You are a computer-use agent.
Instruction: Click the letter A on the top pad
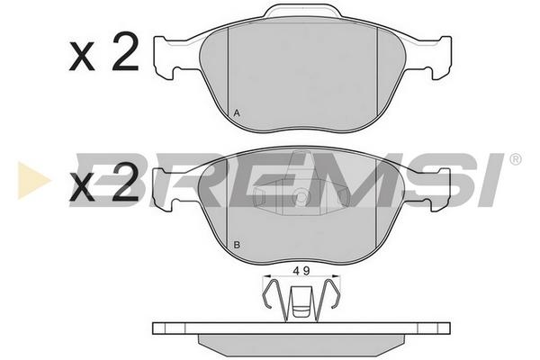[x=237, y=113]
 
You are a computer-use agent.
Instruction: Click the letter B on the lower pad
[x=237, y=246]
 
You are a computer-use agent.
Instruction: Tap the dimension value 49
[x=301, y=271]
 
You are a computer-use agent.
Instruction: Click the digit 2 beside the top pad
[x=126, y=51]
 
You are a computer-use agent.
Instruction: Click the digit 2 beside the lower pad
[x=126, y=181]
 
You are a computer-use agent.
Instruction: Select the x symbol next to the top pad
[x=82, y=58]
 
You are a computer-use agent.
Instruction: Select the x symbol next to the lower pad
[x=82, y=187]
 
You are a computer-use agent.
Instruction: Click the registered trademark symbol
[x=515, y=159]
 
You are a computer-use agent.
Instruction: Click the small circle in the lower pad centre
[x=301, y=197]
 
